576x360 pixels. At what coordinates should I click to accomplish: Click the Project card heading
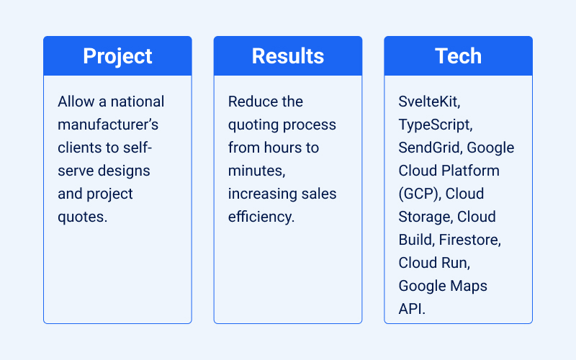[x=117, y=56]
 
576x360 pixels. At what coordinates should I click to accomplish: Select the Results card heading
[x=288, y=56]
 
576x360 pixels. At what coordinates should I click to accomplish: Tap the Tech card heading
[x=458, y=56]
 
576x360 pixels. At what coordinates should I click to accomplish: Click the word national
[x=139, y=102]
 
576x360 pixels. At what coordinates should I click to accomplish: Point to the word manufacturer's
[x=108, y=125]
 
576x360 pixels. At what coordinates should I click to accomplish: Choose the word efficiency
[x=261, y=217]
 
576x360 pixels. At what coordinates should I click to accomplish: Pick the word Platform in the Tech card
[x=471, y=171]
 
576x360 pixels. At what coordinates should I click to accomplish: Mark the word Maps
[x=468, y=286]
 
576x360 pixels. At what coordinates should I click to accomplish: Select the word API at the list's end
[x=412, y=309]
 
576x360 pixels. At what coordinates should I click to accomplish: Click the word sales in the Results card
[x=320, y=194]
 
